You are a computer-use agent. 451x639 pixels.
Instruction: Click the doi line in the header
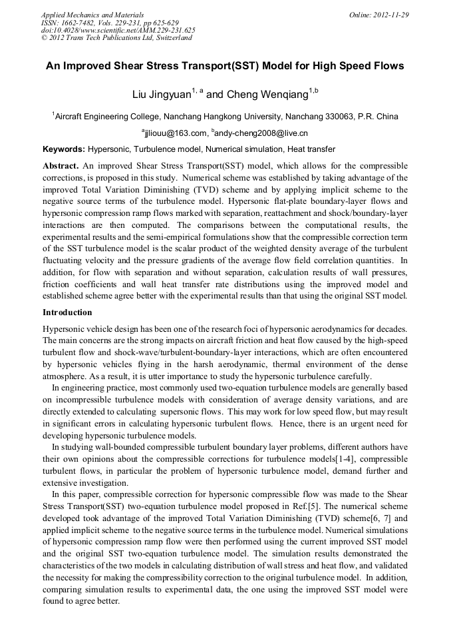coord(118,30)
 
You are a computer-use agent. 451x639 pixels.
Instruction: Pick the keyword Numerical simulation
coord(245,149)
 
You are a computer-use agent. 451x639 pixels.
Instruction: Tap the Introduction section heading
coord(67,312)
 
